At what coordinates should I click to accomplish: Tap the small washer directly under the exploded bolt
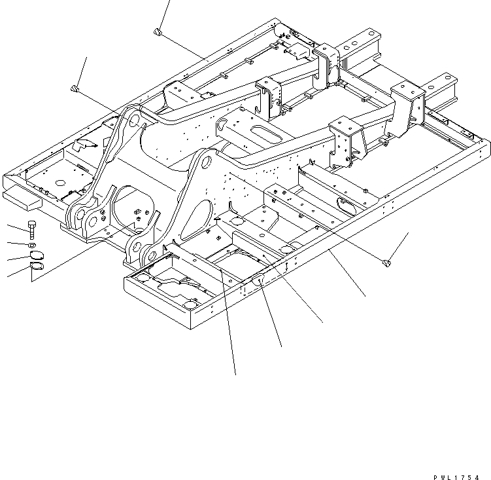coord(31,245)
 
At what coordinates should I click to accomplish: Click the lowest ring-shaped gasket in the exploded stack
coord(37,268)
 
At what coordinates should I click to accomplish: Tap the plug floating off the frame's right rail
coord(386,263)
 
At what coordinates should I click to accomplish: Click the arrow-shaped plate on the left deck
coord(84,143)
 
